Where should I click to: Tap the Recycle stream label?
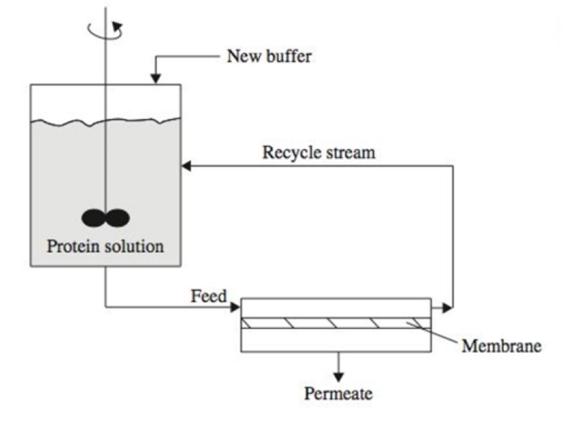point(319,154)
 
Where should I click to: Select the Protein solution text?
point(105,246)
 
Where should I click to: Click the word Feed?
point(208,296)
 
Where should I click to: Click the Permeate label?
point(338,394)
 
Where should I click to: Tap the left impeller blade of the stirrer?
point(93,218)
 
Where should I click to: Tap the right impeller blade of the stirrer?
point(118,218)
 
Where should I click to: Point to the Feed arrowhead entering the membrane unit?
point(235,305)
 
